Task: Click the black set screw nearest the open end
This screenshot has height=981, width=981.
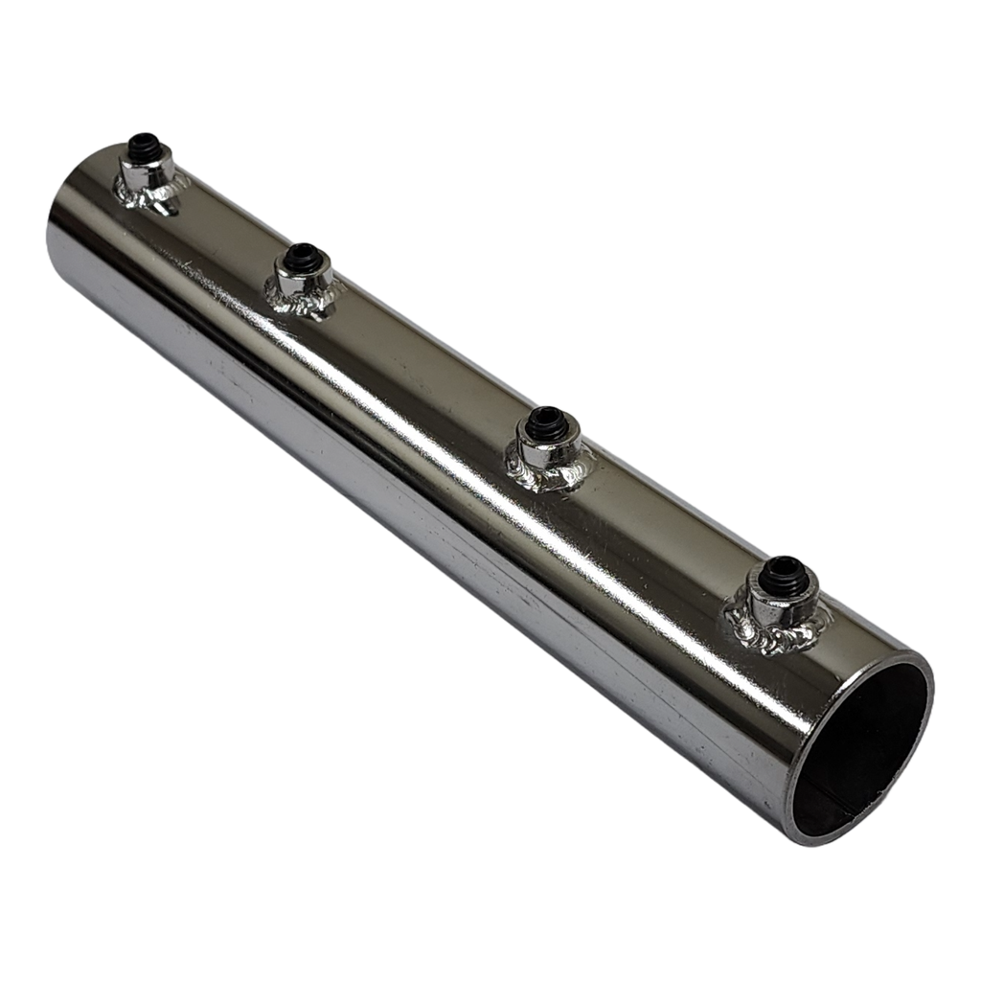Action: (x=783, y=570)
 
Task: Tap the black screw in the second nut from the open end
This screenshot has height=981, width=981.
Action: (x=547, y=419)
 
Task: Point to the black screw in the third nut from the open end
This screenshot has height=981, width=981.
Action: (x=304, y=255)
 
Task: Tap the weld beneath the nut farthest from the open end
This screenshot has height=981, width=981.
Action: (x=144, y=197)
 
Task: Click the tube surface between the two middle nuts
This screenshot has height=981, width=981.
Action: (x=422, y=374)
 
